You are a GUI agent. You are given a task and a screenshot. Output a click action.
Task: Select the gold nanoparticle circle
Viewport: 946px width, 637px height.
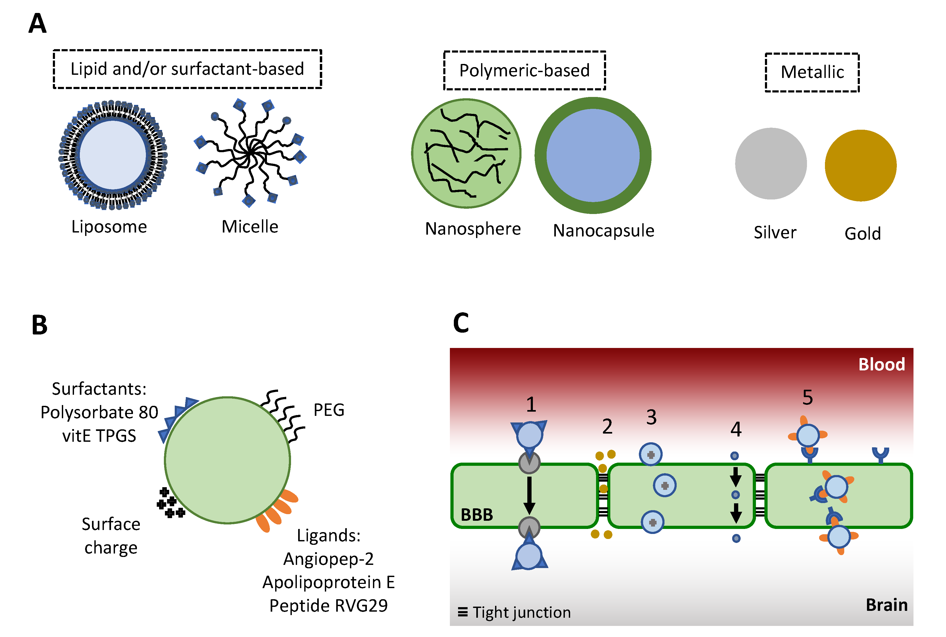coord(860,165)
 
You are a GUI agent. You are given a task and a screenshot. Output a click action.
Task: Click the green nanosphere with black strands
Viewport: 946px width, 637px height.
coord(466,154)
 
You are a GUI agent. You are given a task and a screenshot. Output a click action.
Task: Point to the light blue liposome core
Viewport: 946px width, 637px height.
coord(113,155)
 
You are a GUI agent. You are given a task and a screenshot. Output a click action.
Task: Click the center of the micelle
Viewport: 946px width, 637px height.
coord(251,153)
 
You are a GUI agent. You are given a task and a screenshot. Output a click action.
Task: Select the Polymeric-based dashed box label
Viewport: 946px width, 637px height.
coord(524,70)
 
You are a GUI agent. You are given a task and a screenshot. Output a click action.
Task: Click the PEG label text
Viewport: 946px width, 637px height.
coord(329,410)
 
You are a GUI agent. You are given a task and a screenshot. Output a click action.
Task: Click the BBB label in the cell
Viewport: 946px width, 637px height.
coord(476,515)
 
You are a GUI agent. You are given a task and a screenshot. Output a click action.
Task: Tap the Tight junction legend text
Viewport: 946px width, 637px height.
coord(521,612)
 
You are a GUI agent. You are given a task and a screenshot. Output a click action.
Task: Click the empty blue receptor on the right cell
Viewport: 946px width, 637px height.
coord(880,454)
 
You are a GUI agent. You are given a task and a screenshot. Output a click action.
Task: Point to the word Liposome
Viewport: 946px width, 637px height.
coord(109,226)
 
